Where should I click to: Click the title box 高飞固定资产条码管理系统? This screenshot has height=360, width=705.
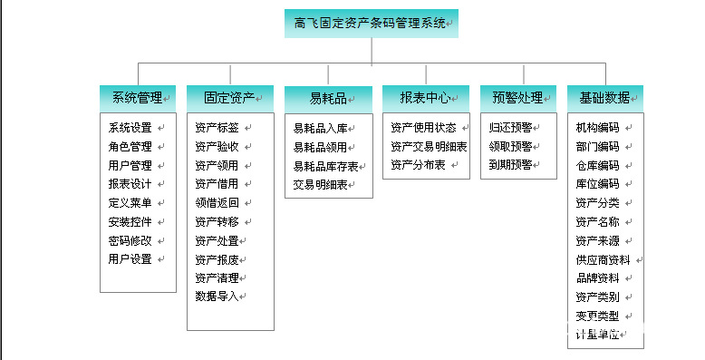(x=372, y=24)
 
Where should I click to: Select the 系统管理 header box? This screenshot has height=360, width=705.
(x=138, y=98)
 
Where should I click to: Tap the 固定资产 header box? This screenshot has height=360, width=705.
(x=230, y=98)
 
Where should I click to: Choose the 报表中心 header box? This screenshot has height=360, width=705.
(x=425, y=98)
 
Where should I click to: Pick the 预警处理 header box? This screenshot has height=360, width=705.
(x=518, y=98)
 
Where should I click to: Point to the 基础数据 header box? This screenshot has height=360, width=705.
(x=605, y=98)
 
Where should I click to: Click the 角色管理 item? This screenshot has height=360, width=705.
(x=130, y=146)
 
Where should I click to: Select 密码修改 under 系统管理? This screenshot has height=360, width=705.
(x=130, y=240)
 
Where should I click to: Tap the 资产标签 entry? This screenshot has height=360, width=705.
(x=217, y=128)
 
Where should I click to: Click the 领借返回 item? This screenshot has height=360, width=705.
(x=217, y=202)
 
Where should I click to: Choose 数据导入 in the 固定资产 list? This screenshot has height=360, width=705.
(x=217, y=296)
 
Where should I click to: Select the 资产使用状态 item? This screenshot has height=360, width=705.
(x=423, y=128)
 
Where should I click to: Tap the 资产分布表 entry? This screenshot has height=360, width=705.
(x=418, y=165)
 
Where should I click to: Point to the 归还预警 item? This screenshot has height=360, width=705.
(x=510, y=128)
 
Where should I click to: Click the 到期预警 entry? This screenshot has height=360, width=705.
(x=510, y=165)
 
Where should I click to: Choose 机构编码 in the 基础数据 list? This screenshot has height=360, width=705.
(x=597, y=128)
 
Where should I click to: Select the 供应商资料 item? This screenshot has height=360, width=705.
(x=603, y=259)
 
